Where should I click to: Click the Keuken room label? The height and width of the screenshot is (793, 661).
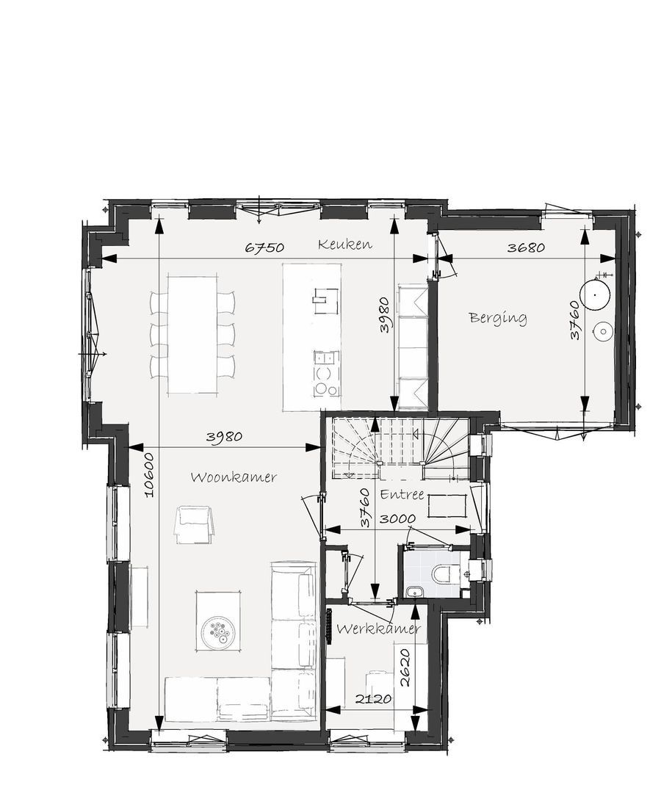click(x=345, y=245)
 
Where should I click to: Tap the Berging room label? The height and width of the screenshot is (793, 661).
click(x=498, y=318)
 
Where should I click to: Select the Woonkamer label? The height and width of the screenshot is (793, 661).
click(x=234, y=477)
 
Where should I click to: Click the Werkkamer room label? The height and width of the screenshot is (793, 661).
click(x=379, y=629)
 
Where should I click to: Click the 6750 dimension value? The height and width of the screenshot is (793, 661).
click(x=264, y=248)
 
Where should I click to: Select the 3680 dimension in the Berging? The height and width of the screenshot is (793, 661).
click(x=526, y=248)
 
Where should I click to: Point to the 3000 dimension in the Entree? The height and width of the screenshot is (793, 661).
click(x=398, y=518)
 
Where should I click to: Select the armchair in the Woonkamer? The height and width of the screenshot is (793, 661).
click(x=194, y=525)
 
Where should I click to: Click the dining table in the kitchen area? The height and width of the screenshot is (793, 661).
click(x=193, y=334)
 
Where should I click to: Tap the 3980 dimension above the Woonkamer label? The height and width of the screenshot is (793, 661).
click(x=224, y=437)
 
